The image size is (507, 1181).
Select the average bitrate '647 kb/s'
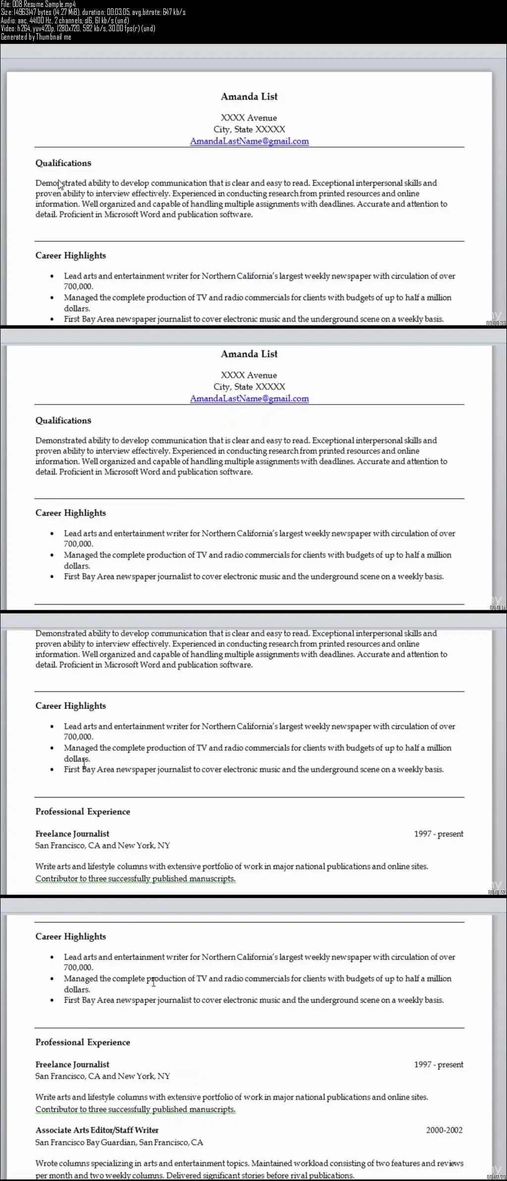174,12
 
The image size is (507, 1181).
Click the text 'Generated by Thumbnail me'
36,37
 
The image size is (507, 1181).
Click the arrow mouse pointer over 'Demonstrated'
60,185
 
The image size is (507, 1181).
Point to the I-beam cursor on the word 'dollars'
85,760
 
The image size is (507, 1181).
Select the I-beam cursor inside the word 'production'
153,982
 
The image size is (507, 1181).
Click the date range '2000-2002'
444,1130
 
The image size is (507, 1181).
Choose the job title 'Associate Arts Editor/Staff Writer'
97,1130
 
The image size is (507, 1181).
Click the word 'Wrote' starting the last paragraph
46,1163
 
